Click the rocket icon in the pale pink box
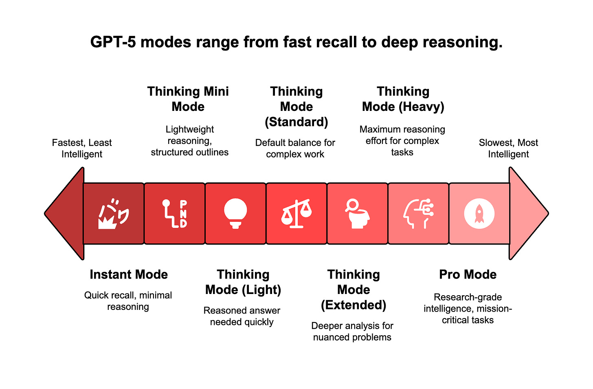(x=479, y=214)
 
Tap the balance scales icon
(x=296, y=214)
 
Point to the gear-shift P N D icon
(x=174, y=213)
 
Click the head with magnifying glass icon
(x=357, y=213)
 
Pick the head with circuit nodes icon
(x=418, y=213)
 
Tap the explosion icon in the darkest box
(x=114, y=214)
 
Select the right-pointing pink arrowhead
(x=527, y=213)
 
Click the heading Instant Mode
(x=129, y=274)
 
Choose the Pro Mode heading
(x=468, y=274)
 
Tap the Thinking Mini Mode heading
(x=188, y=99)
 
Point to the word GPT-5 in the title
(x=113, y=42)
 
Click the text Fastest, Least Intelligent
(x=82, y=148)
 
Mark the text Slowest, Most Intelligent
(x=508, y=148)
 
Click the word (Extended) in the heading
(x=354, y=305)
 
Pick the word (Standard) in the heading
(x=296, y=122)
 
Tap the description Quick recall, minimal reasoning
(x=128, y=301)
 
